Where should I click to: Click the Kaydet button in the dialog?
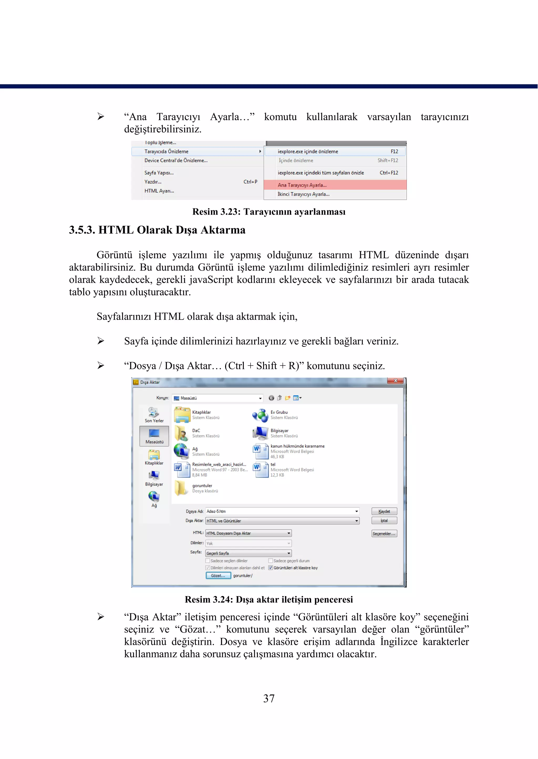pos(384,511)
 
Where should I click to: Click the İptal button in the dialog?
pos(384,520)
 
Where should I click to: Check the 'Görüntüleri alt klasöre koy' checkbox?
pos(270,568)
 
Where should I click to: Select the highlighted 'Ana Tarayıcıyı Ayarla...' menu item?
pos(302,185)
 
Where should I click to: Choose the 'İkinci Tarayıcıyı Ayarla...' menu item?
pos(303,194)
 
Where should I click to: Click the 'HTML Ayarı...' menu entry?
pos(159,191)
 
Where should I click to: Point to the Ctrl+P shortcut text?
pos(250,182)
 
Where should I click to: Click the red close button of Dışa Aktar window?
pos(395,381)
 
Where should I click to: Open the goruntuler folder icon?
pos(181,488)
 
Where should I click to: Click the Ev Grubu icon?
pos(260,415)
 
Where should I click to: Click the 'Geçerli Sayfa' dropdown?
pos(249,553)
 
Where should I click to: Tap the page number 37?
pos(269,698)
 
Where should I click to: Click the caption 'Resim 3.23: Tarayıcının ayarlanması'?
pos(269,212)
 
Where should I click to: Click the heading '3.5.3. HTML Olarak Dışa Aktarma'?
pos(157,230)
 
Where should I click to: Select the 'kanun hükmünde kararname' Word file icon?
pos(260,451)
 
